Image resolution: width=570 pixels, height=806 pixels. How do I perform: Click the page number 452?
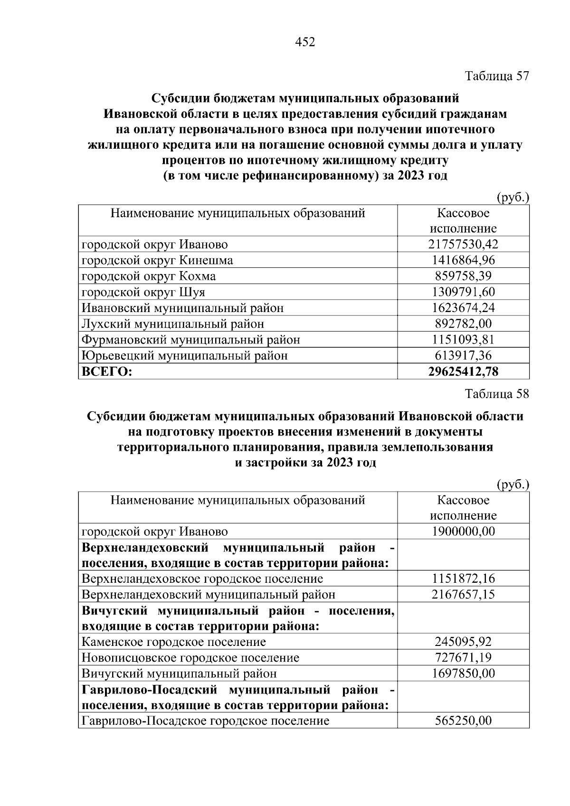tap(305, 43)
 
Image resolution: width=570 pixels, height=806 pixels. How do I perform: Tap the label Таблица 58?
tap(496, 394)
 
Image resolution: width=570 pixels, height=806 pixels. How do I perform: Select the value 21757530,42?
tap(463, 245)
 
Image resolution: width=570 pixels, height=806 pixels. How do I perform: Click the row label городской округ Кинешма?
tap(157, 260)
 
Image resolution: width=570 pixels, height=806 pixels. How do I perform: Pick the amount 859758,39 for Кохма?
tap(463, 276)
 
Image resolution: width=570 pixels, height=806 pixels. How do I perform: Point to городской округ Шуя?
tap(143, 292)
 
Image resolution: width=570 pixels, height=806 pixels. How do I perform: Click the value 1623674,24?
tap(463, 308)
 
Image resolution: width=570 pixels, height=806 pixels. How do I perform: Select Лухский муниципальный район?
tap(173, 324)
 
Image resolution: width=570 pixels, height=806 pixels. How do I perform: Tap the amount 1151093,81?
tap(463, 340)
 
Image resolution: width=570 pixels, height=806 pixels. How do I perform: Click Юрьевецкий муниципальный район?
tap(185, 356)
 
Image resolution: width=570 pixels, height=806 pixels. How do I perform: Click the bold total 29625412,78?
tap(463, 371)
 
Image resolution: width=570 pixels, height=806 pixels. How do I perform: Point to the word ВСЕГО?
tap(107, 372)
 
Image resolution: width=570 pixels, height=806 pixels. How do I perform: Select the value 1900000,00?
tap(463, 531)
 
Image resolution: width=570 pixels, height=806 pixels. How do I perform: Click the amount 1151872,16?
tap(463, 578)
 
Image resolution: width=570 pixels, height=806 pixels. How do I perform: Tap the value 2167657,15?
tap(463, 594)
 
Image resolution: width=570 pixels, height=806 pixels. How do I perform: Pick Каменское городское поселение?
tap(174, 642)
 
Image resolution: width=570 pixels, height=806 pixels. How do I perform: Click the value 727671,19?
tap(463, 658)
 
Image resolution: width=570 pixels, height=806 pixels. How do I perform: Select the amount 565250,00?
tap(463, 721)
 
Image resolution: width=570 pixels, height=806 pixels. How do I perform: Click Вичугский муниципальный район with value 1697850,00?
tap(179, 673)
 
